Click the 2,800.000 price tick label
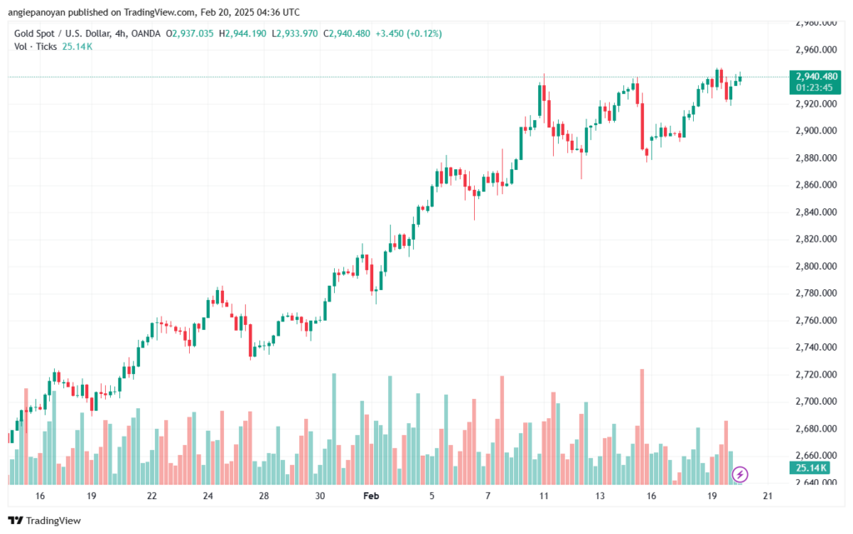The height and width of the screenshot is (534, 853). (x=816, y=267)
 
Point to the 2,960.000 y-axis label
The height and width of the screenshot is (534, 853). (x=816, y=50)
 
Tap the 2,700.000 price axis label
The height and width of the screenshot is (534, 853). (x=816, y=402)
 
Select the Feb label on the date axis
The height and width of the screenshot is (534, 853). (x=371, y=496)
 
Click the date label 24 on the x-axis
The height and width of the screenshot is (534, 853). (x=207, y=496)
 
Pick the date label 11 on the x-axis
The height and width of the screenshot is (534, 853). (x=543, y=496)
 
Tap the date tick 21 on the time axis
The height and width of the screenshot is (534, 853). (x=767, y=496)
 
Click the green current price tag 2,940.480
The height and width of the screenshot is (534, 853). (x=815, y=77)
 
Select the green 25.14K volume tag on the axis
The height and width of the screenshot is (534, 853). (x=811, y=468)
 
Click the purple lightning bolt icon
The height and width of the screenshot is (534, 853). (x=740, y=475)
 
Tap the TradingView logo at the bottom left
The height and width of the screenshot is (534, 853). (x=45, y=521)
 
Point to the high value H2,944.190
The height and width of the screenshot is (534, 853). (x=242, y=33)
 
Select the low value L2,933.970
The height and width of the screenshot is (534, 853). (x=294, y=33)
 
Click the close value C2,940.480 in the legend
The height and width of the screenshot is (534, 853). (x=347, y=33)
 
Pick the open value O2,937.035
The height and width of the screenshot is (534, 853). (x=189, y=33)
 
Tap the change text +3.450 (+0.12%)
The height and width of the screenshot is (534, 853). (x=408, y=33)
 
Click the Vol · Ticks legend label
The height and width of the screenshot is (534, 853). (x=35, y=47)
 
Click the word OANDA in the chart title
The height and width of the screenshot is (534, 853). (x=146, y=33)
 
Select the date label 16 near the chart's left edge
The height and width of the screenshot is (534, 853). (x=40, y=496)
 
